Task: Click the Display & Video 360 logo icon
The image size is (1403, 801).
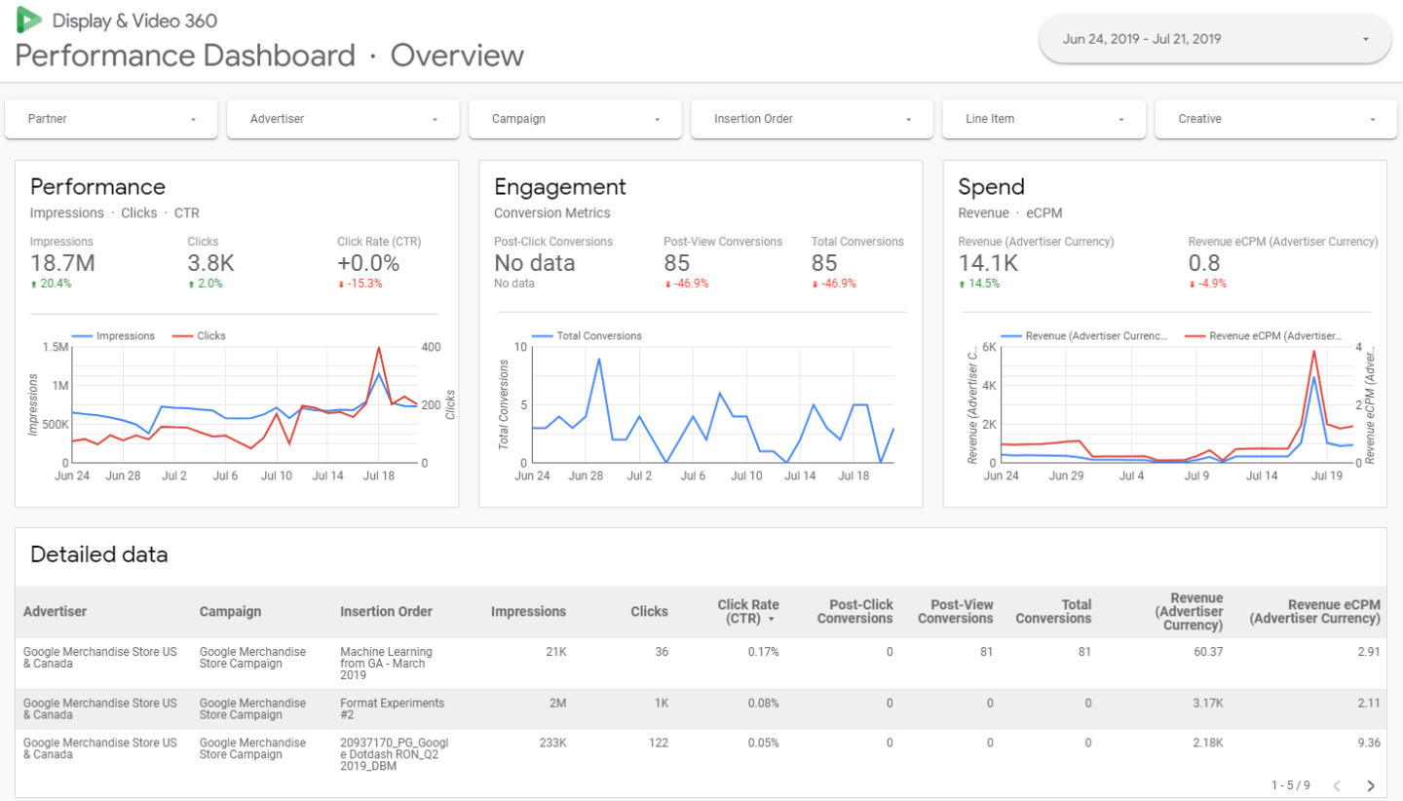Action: click(x=29, y=19)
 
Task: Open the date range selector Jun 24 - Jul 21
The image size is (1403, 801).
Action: click(x=1215, y=39)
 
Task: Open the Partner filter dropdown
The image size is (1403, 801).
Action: click(x=114, y=119)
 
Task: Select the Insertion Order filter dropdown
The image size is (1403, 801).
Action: click(x=806, y=119)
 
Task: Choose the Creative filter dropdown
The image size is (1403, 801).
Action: click(x=1270, y=119)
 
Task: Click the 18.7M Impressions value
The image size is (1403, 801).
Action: click(x=61, y=263)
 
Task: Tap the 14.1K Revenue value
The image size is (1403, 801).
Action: click(x=988, y=263)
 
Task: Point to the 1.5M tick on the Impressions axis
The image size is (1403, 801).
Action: click(x=55, y=347)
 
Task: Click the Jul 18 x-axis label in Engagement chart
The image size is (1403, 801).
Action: click(x=853, y=477)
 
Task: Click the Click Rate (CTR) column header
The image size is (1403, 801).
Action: click(x=747, y=611)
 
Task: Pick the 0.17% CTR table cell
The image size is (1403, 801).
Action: click(x=763, y=652)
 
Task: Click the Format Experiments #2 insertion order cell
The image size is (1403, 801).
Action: click(x=392, y=708)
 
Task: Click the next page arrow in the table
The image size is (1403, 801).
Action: click(x=1370, y=785)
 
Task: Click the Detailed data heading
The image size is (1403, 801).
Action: click(x=99, y=554)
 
